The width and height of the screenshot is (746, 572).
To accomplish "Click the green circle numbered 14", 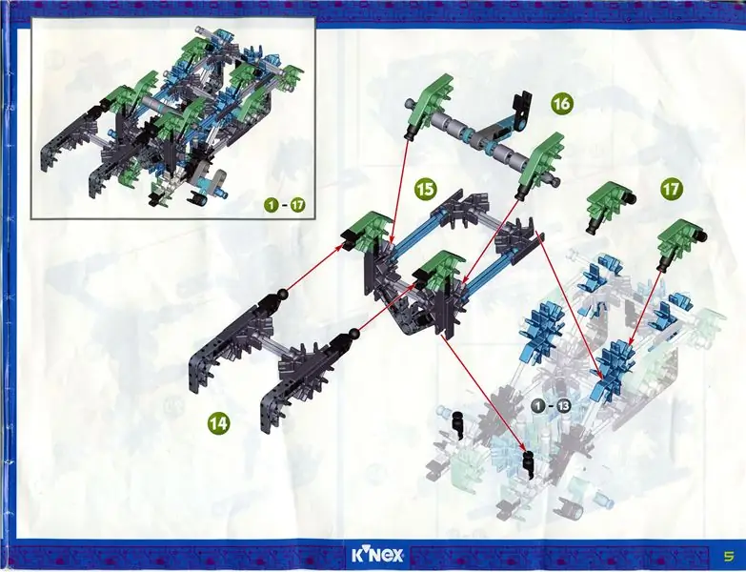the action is tap(218, 423).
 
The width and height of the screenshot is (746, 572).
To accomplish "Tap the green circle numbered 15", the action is tap(425, 189).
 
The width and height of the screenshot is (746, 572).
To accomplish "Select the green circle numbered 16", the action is tap(562, 103).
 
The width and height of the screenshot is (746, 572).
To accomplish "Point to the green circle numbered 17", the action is tap(672, 189).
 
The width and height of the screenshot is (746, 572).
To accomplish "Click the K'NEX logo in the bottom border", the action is tap(377, 555).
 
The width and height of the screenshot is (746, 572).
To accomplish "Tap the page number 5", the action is tap(728, 556).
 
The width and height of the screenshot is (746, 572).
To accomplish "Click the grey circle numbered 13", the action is tap(564, 406).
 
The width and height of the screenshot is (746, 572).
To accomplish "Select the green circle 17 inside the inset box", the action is tap(298, 206).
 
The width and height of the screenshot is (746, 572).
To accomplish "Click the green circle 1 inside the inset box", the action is tap(272, 206).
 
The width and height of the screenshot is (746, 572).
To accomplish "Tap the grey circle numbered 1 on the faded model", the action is tap(537, 406).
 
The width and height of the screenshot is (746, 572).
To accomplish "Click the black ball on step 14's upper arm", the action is tap(283, 294).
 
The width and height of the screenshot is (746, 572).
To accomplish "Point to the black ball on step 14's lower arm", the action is tap(353, 333).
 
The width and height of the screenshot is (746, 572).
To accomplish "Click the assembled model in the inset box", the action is tap(171, 119).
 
